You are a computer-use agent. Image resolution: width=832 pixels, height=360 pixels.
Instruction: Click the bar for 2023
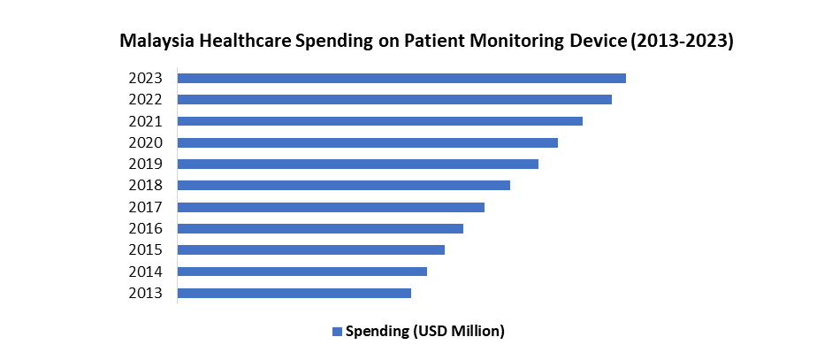pos(401,78)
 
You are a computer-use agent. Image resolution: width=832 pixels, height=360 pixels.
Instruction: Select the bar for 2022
pos(394,99)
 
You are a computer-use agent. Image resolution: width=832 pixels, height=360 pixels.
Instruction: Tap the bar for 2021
pos(380,120)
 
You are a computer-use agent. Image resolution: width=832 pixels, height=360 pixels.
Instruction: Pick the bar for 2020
pos(368,142)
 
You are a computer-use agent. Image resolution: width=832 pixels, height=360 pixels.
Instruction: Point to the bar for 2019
pos(358,164)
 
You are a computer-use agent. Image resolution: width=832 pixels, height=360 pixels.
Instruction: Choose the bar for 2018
pos(344,185)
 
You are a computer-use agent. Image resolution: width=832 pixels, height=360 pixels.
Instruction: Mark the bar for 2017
pos(331,207)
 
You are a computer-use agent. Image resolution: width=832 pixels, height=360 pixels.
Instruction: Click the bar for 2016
pos(320,228)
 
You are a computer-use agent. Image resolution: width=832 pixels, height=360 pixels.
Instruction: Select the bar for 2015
pos(311,249)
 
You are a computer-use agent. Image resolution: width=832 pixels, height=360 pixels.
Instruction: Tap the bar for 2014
pos(302,272)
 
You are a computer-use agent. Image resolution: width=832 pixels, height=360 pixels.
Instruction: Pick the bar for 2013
pos(294,293)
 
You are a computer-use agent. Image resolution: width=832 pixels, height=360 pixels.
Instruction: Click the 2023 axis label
pos(145,78)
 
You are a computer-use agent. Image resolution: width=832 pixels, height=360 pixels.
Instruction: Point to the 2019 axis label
pos(145,164)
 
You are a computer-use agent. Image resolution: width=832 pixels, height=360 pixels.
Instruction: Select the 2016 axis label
pos(145,228)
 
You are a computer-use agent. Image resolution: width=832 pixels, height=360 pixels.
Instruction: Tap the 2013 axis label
pos(145,293)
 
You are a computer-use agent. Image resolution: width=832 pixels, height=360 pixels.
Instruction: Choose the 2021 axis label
pos(145,120)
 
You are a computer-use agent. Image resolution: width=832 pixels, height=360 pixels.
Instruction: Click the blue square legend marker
pos(336,332)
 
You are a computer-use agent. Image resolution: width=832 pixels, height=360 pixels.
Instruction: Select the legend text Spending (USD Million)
pos(424,332)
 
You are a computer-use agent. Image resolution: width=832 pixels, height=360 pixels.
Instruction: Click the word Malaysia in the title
pos(156,42)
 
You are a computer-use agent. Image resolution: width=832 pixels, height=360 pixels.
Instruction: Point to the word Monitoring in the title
pos(512,42)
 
